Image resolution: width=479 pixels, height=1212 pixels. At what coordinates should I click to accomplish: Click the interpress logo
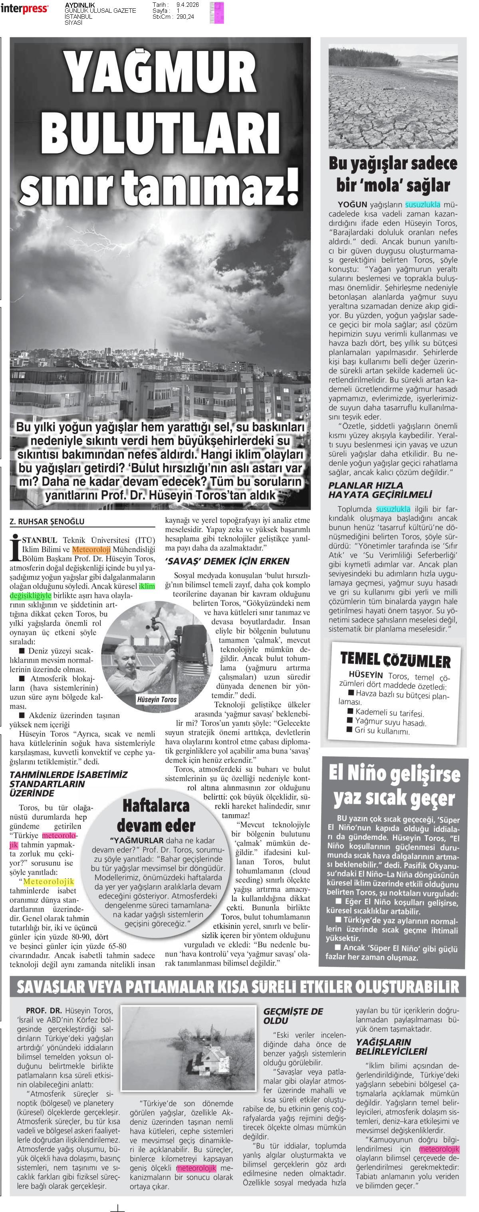pos(24,8)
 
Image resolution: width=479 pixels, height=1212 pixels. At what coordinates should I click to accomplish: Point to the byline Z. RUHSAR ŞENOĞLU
pos(47,521)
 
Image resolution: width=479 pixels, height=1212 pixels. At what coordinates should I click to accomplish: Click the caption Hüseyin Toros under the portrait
pos(156,700)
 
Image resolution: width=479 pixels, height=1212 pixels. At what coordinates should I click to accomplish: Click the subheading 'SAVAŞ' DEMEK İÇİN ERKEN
pos(227,561)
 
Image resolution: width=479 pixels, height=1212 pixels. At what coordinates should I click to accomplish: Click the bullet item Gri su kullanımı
pos(382,731)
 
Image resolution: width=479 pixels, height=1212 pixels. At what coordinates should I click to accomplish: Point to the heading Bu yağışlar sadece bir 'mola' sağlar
pos(393,174)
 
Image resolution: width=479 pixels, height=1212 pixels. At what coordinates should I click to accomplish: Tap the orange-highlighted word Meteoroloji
pos(91,549)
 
